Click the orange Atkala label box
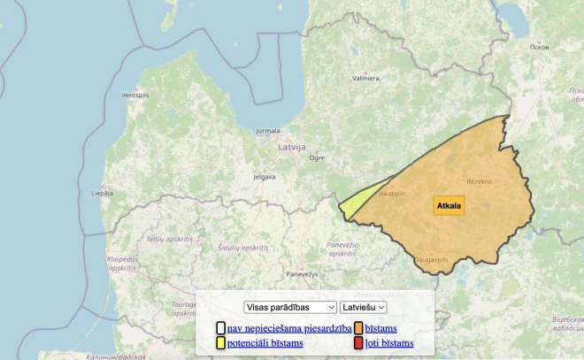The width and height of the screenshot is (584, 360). [x=449, y=205]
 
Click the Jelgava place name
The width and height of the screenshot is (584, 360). [x=264, y=176]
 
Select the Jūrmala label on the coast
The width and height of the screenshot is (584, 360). [x=267, y=131]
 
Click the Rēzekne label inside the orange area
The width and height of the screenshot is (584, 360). [x=466, y=181]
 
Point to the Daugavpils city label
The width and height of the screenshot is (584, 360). [x=432, y=259]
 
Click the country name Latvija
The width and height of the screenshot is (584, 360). [x=291, y=147]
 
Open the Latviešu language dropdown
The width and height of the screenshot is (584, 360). [x=363, y=306]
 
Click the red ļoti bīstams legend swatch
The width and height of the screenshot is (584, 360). [x=358, y=343]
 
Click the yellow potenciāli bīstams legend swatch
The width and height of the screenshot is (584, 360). [x=220, y=343]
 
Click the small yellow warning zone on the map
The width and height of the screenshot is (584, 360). [x=353, y=204]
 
